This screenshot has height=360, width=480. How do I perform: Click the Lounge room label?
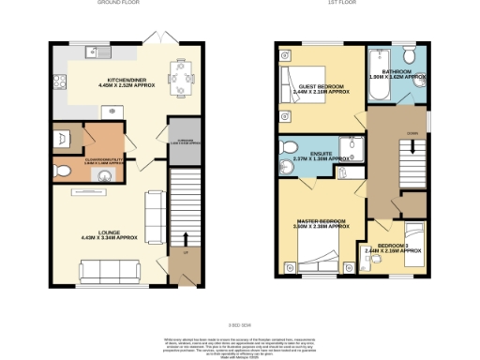(110, 236)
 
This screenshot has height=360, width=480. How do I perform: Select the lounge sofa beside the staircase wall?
(156, 211)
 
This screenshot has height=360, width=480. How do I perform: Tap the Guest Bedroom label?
(323, 89)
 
